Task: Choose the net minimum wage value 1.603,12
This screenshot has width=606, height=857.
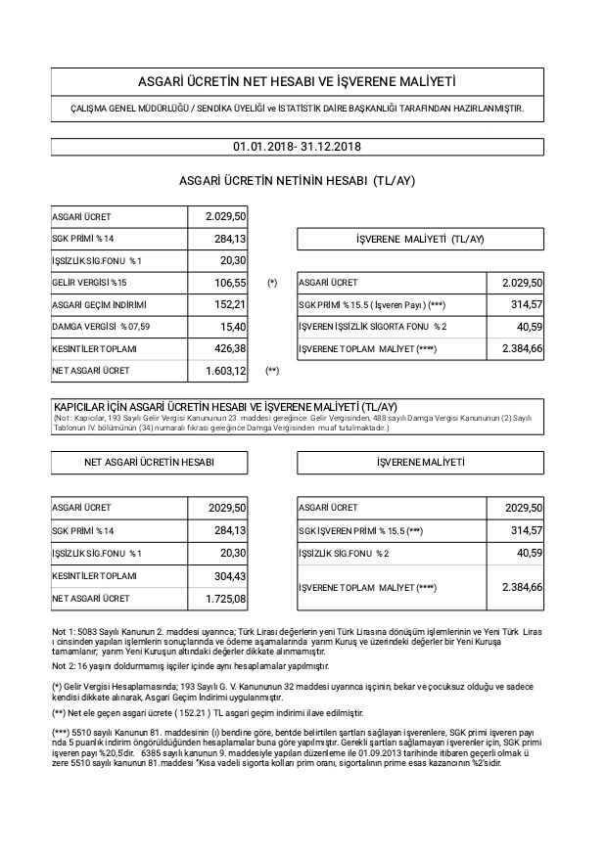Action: pos(225,371)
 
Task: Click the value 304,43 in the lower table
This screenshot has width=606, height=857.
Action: pos(229,575)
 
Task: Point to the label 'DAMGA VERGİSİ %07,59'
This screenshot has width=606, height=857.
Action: pos(102,327)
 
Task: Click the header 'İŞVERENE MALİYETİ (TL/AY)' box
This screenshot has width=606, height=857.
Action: pos(420,239)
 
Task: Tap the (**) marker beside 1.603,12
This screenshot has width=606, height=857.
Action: pos(273,372)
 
